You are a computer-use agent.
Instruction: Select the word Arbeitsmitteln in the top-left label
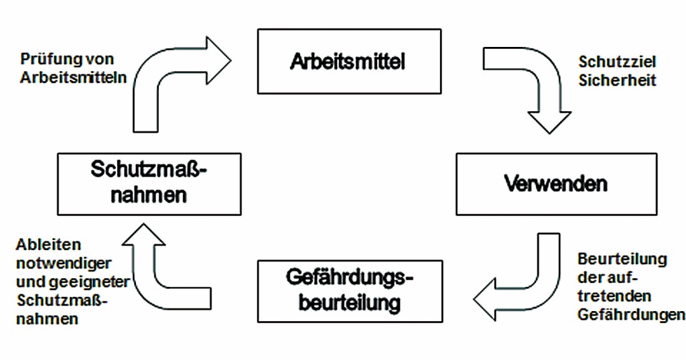click(73, 76)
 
